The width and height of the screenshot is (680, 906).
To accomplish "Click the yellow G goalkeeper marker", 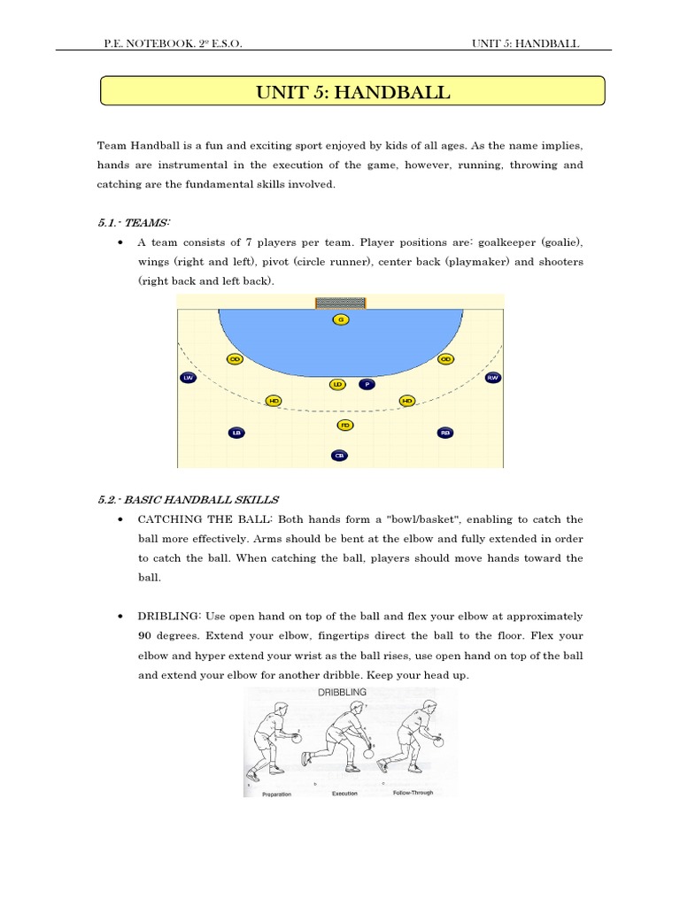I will (x=340, y=319).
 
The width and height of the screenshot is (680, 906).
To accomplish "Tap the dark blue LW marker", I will (x=188, y=378).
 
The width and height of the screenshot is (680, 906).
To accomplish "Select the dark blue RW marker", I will (x=493, y=378).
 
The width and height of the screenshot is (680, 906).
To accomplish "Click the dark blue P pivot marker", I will (x=367, y=385).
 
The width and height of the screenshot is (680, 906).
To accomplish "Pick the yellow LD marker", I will (x=337, y=385).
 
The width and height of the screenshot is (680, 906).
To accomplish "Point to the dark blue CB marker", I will (x=339, y=456).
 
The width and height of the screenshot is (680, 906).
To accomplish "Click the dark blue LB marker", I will (x=236, y=433).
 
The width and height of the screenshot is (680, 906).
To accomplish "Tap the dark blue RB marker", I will (x=445, y=433).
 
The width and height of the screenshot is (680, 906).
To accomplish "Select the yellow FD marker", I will (x=345, y=426).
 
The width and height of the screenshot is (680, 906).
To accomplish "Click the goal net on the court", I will (x=340, y=303).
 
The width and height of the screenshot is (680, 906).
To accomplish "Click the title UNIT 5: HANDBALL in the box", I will (x=352, y=92).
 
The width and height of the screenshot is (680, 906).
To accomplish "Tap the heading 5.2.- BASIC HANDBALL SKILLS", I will (x=189, y=499).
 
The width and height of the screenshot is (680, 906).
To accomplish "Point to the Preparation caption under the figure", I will (x=276, y=794).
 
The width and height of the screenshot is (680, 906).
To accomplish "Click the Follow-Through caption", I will (x=413, y=793).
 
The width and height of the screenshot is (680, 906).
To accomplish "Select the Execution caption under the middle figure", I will (x=344, y=794).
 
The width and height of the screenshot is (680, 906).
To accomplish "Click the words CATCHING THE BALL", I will (x=194, y=519).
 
